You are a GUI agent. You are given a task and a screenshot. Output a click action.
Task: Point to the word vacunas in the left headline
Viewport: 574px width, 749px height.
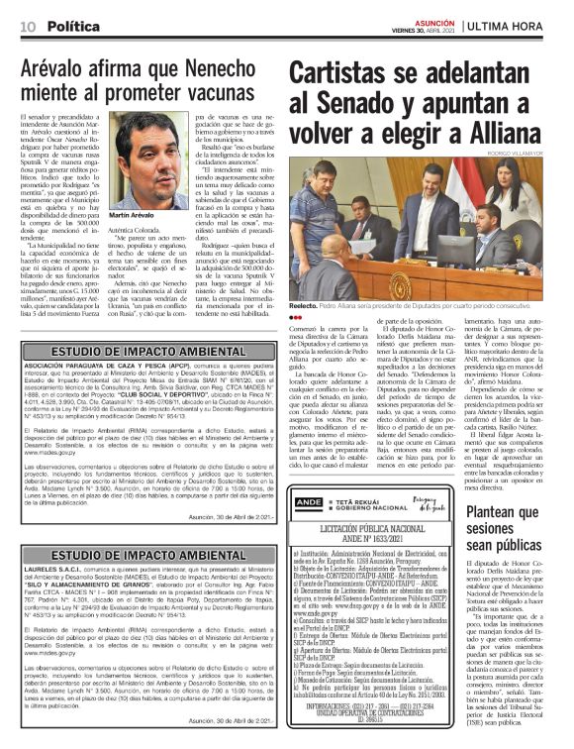pos(210,96)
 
